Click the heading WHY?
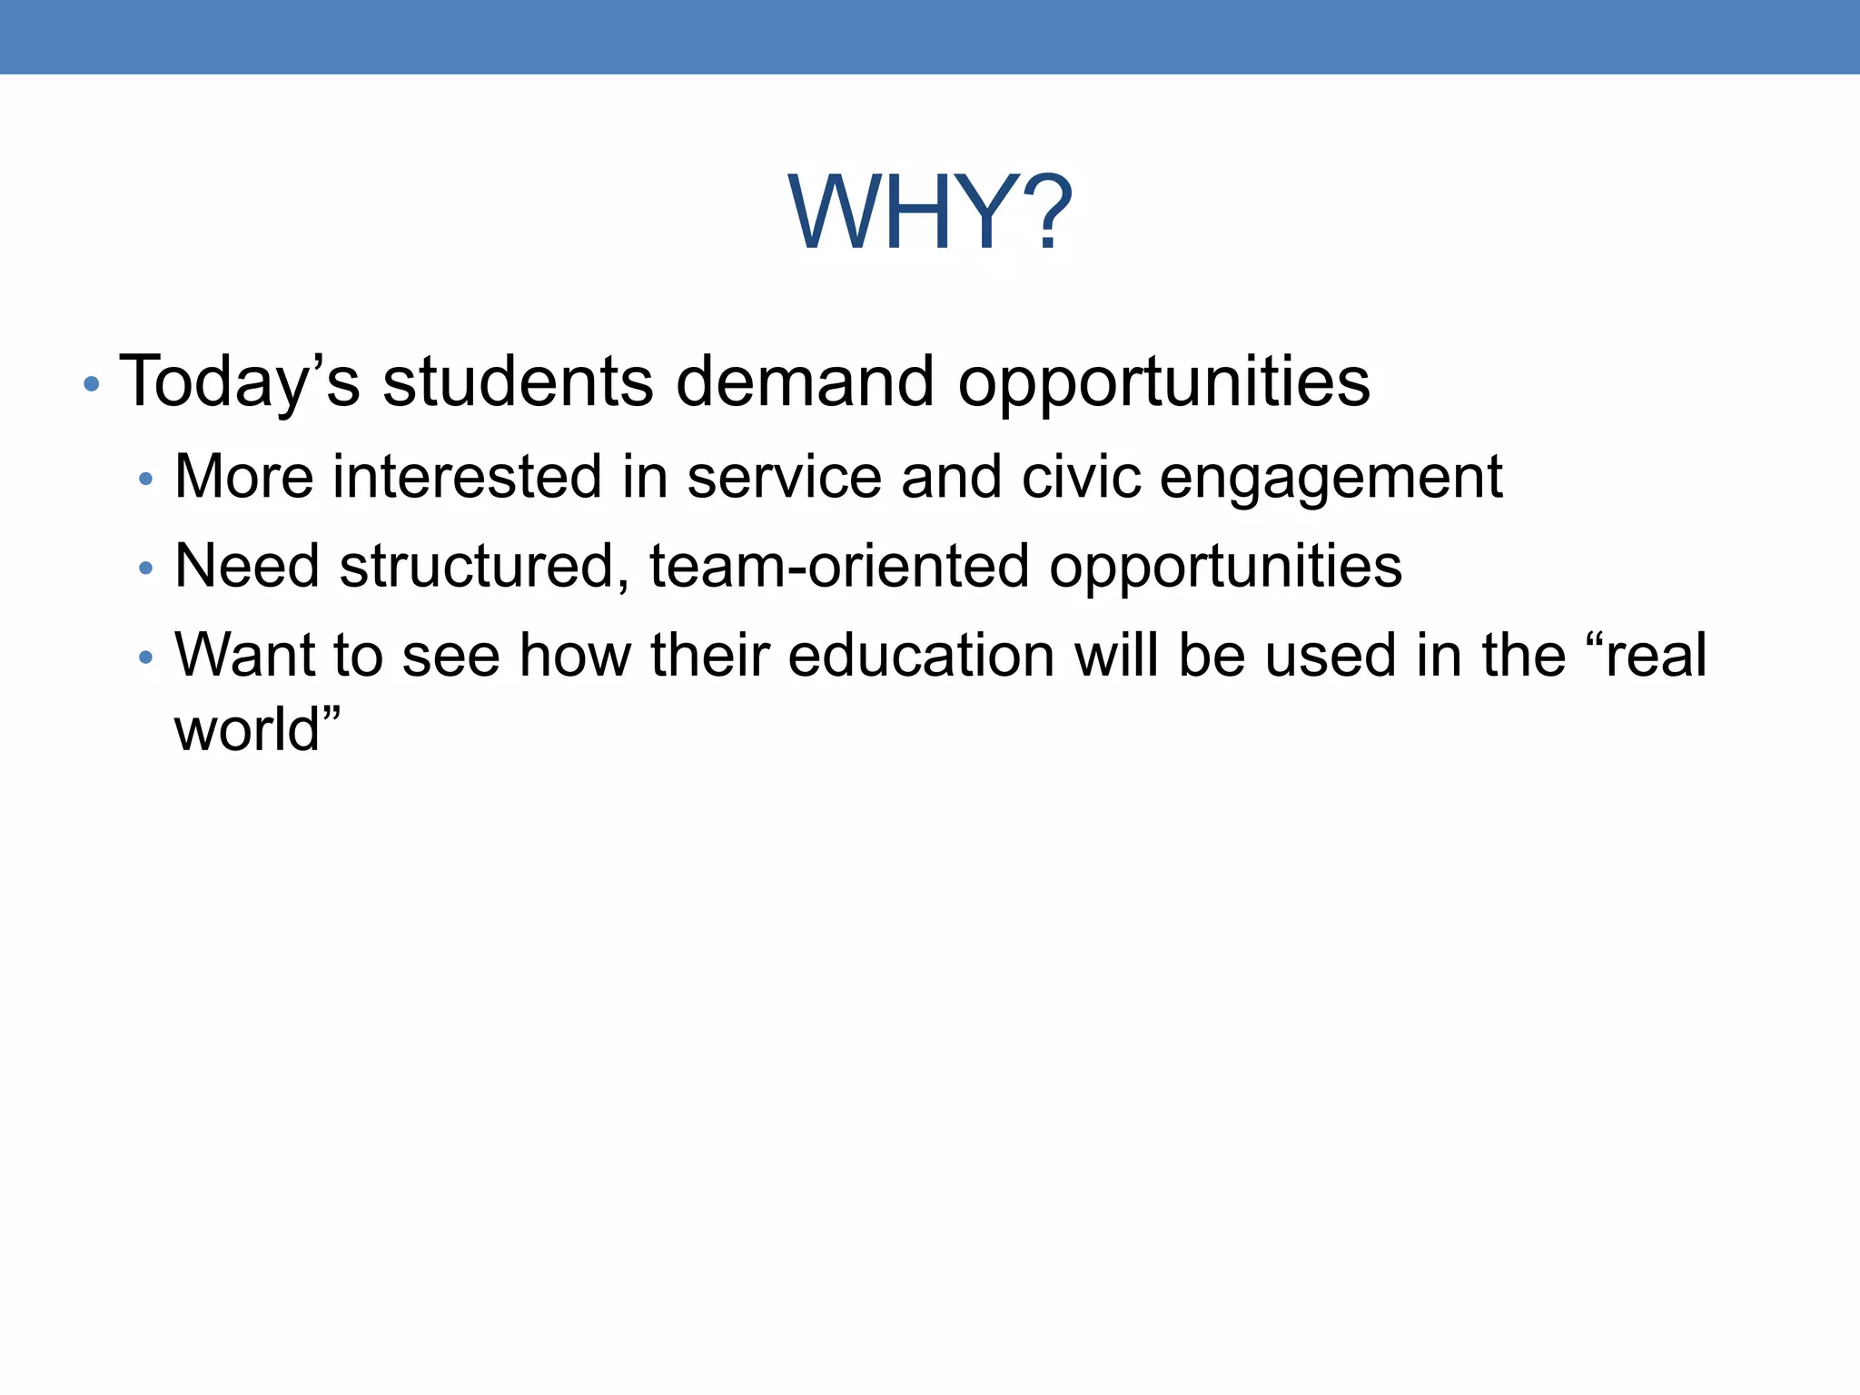(x=930, y=213)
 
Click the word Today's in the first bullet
(x=240, y=381)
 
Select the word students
(x=517, y=381)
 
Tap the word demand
(x=805, y=381)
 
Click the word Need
(x=246, y=565)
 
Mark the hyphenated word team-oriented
(x=839, y=565)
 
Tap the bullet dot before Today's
(x=91, y=384)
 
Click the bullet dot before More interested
(x=146, y=479)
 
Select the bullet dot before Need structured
(x=146, y=569)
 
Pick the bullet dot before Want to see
(x=146, y=657)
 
